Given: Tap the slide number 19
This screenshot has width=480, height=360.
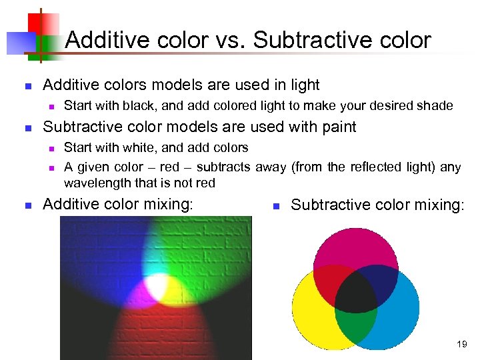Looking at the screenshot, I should point(462,345).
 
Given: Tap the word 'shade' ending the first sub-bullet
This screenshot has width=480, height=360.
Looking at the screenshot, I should point(437,105).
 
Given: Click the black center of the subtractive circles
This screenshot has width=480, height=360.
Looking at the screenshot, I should point(355,293).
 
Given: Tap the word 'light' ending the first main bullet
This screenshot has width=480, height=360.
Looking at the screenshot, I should point(305,85).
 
